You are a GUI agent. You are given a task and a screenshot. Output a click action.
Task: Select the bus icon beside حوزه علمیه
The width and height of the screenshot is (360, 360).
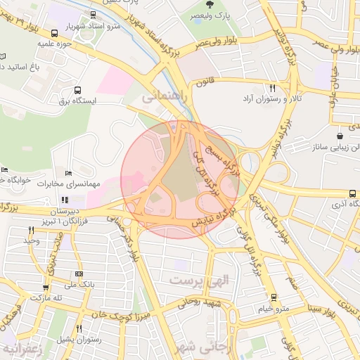coord(55,33)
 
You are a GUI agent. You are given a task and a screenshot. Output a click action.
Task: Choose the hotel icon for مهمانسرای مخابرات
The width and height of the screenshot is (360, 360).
coord(68,173)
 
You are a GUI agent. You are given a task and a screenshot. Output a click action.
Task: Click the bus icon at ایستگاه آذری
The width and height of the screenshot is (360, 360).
coord(352,193)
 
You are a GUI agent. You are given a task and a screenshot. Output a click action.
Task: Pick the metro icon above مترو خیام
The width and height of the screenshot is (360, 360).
coord(274,297)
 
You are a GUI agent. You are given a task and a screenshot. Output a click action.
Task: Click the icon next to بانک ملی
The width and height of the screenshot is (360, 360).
coord(78,274)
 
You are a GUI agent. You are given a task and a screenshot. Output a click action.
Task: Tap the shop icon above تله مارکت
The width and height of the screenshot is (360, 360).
coord(46,287)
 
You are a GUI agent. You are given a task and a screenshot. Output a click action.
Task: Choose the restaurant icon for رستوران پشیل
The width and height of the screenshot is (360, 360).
coord(78,328)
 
